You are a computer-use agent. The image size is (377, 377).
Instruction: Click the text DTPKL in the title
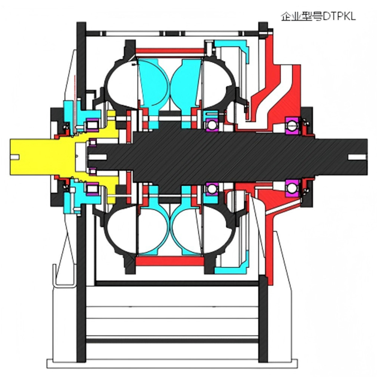339,16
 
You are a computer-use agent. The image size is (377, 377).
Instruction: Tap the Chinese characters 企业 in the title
289,16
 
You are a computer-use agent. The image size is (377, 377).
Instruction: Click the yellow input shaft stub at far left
33,157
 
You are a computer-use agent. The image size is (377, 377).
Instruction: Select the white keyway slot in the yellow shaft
15,157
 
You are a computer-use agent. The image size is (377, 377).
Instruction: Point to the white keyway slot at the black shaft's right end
357,157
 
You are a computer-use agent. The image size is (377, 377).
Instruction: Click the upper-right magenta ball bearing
292,125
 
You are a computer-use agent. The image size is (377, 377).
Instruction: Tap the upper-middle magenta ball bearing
212,124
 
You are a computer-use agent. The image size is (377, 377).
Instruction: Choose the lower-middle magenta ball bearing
212,189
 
